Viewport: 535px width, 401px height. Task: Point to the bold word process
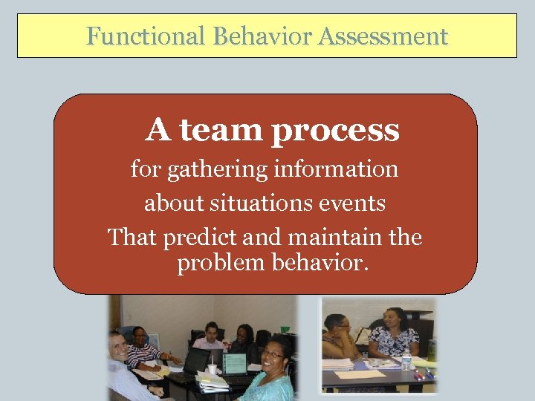[335, 131]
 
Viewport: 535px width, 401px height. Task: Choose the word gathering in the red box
[218, 170]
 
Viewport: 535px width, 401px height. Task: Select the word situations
[267, 203]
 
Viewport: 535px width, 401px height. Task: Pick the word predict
[198, 238]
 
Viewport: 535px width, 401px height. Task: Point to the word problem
[215, 264]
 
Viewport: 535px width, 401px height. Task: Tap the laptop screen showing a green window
[234, 363]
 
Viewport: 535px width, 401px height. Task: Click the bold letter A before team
[158, 130]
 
